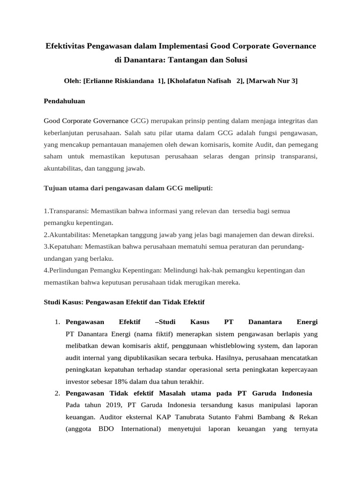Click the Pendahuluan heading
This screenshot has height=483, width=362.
point(64,101)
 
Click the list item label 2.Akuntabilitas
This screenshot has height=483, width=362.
point(67,235)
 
